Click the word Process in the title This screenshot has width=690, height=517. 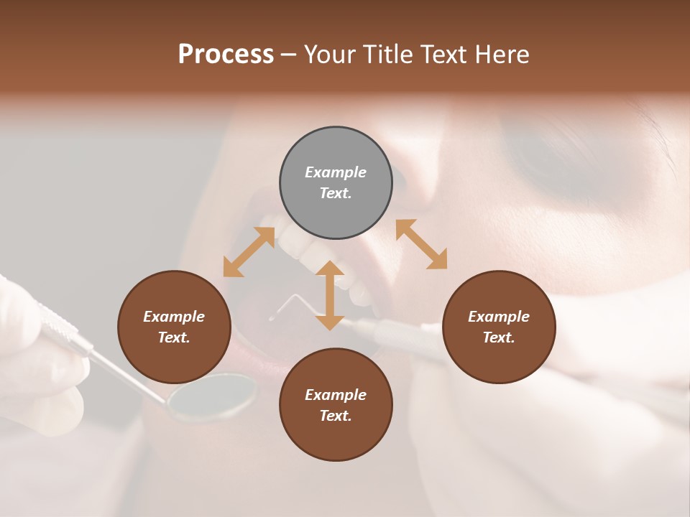226,55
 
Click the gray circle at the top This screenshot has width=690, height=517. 336,182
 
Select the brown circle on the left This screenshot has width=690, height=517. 174,327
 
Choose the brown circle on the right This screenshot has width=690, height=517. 499,327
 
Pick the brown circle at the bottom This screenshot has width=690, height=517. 336,405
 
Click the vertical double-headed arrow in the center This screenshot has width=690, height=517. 330,295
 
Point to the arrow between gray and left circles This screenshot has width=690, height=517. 249,252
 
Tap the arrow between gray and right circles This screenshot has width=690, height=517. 421,244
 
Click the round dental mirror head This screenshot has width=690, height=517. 212,396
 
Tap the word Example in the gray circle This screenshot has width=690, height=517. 336,172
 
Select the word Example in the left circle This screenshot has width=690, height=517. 174,317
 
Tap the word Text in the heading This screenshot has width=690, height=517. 445,55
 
